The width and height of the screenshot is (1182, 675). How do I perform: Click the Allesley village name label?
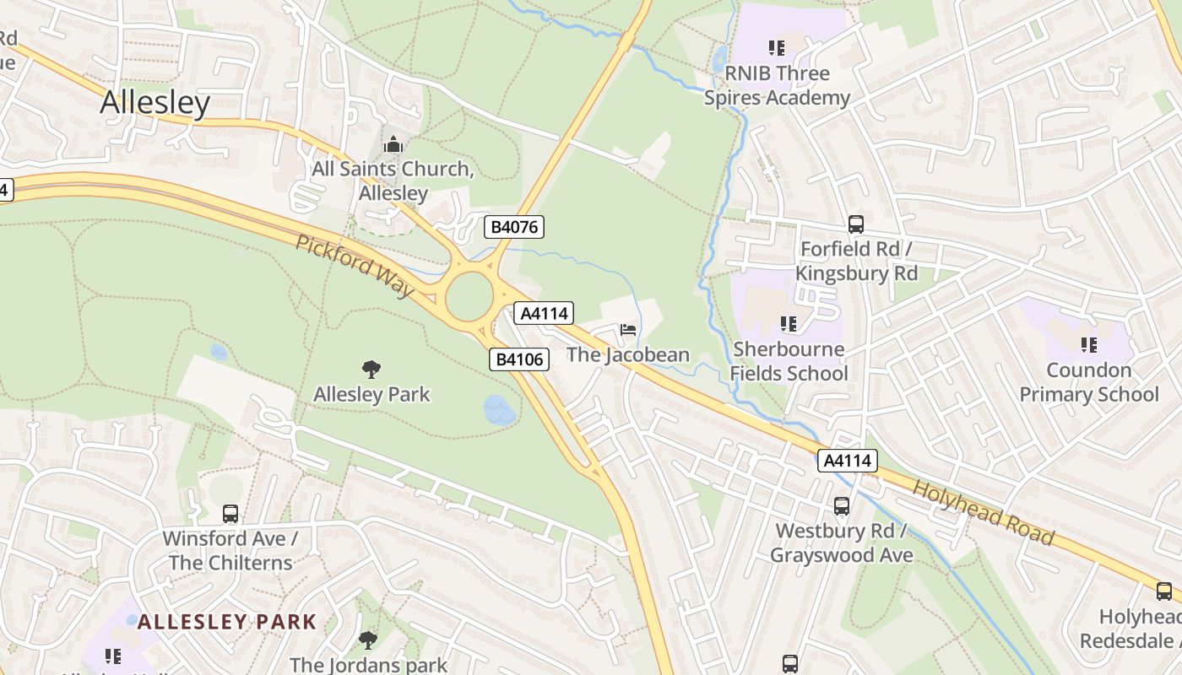click(x=155, y=102)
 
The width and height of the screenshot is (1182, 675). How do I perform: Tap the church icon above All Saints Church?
click(x=393, y=144)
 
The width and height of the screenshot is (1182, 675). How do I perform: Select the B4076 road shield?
click(x=513, y=226)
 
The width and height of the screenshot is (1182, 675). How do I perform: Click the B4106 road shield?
click(x=519, y=359)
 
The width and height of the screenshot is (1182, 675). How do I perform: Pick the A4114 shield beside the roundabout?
click(x=545, y=314)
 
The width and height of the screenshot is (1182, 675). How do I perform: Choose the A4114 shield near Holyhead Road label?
click(x=847, y=461)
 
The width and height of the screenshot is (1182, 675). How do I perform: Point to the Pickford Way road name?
click(x=355, y=266)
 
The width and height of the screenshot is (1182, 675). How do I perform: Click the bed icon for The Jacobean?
click(x=628, y=329)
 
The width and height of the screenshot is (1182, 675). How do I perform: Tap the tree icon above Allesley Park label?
click(x=371, y=369)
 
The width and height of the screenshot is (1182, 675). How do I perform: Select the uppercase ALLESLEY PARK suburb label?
click(x=227, y=623)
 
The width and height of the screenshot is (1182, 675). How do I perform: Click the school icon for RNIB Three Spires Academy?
click(x=776, y=48)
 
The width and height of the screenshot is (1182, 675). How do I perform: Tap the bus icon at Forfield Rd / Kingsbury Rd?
click(x=855, y=224)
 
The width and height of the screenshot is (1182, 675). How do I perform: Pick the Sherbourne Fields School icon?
click(x=789, y=324)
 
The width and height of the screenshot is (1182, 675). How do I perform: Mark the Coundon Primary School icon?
click(x=1088, y=344)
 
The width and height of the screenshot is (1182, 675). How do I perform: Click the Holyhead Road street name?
click(x=984, y=513)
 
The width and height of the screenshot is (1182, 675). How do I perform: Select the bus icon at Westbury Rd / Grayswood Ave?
click(x=841, y=506)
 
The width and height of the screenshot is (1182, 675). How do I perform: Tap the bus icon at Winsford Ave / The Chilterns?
click(x=230, y=513)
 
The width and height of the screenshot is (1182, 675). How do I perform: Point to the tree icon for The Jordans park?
click(x=367, y=640)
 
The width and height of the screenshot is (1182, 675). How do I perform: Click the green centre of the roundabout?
click(x=469, y=297)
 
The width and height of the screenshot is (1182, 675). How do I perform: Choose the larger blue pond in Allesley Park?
click(x=499, y=410)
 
